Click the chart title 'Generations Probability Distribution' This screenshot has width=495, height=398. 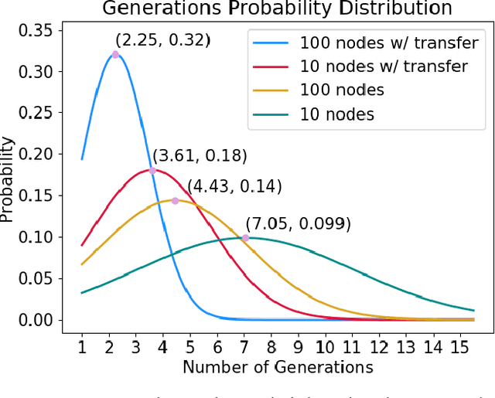tap(278, 9)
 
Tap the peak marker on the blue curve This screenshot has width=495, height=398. tap(115, 54)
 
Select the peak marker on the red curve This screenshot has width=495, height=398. tap(152, 171)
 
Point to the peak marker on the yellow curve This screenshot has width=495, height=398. tap(175, 201)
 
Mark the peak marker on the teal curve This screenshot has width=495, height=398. tap(245, 238)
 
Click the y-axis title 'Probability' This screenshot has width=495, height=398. tap(8, 179)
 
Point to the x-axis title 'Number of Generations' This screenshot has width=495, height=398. tap(278, 366)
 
